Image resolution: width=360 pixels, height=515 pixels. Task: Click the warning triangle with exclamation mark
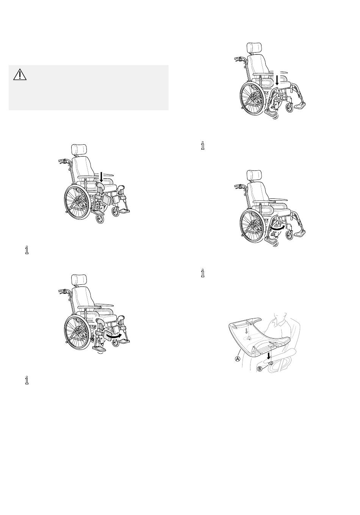[x=20, y=75]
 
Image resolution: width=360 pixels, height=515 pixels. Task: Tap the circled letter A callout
[x=238, y=359]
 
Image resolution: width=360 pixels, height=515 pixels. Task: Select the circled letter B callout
[x=260, y=369]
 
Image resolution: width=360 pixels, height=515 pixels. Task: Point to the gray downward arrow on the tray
[x=246, y=331]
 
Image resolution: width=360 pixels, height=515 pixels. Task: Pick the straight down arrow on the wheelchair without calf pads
[x=277, y=80]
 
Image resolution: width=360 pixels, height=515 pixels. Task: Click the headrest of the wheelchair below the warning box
[x=79, y=150]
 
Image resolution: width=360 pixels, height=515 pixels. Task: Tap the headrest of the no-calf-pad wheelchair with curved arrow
[x=254, y=176]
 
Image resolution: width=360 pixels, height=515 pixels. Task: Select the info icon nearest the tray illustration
[x=203, y=273]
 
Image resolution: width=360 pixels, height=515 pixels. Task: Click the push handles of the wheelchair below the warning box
[x=64, y=161]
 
